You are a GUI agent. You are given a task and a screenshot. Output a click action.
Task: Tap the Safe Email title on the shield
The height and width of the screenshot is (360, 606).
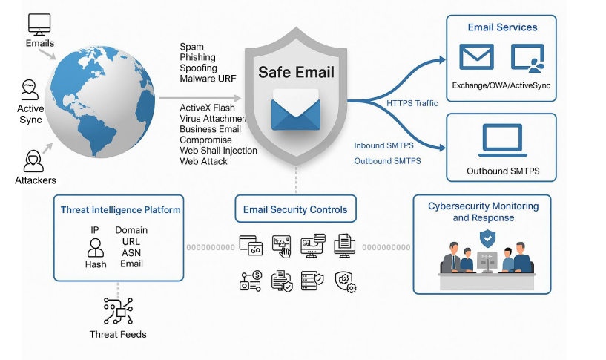[x=296, y=73]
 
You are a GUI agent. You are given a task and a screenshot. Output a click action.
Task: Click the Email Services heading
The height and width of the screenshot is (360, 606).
[x=502, y=27]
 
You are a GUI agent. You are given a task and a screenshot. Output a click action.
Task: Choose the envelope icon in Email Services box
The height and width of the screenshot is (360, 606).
[x=476, y=58]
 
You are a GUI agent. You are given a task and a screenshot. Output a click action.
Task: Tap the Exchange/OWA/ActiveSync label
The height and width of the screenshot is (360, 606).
[x=502, y=85]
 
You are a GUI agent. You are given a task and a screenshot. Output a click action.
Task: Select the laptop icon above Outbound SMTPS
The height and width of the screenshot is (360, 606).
[x=502, y=141]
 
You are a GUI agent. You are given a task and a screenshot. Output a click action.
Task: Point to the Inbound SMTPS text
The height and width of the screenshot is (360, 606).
[x=387, y=145]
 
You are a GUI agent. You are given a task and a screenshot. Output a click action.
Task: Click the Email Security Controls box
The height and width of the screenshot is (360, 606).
[x=295, y=209]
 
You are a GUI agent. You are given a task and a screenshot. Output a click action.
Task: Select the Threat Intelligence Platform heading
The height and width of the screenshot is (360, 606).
[x=120, y=210]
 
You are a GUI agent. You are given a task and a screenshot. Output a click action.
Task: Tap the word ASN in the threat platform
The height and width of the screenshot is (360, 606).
[x=131, y=252]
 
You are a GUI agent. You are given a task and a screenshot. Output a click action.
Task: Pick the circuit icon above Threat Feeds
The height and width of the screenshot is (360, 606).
[x=118, y=310]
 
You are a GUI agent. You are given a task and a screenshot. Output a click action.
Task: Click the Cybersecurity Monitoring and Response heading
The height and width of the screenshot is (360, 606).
[x=483, y=212]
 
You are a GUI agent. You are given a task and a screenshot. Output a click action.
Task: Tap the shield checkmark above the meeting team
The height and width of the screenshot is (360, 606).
[x=487, y=238]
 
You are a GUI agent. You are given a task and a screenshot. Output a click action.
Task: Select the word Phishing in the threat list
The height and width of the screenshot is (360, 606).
[x=198, y=57]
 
